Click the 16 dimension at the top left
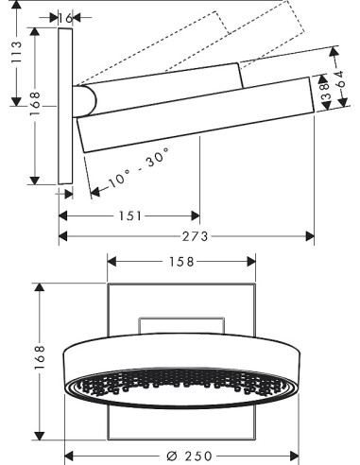tap(65, 17)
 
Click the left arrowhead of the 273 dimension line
tap(63, 236)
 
